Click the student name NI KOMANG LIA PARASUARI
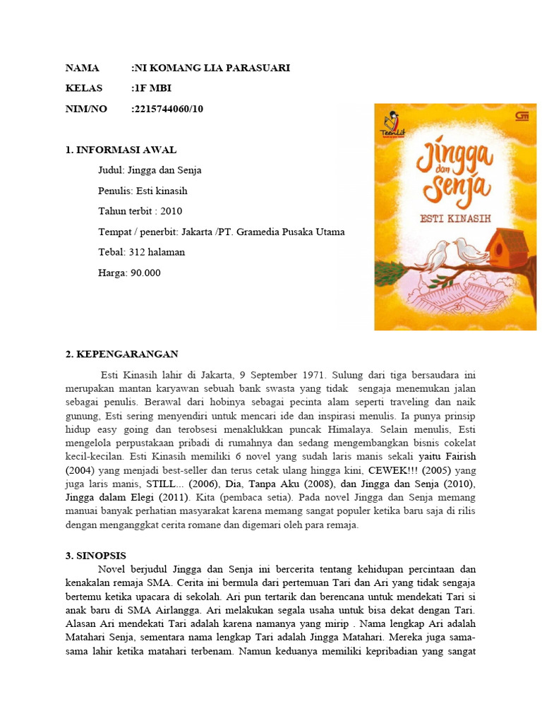pos(212,68)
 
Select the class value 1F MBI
pos(153,88)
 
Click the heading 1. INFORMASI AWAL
pos(121,150)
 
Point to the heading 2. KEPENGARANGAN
pos(121,354)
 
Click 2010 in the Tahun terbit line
pos(171,211)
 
